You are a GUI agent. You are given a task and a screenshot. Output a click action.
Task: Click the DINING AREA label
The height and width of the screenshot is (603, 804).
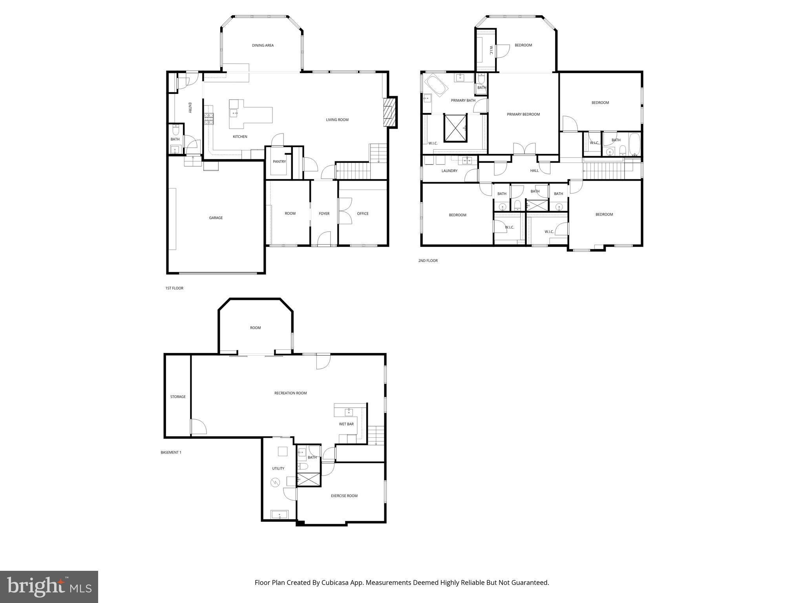(263, 46)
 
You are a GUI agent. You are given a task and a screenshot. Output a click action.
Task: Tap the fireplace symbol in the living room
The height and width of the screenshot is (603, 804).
(389, 112)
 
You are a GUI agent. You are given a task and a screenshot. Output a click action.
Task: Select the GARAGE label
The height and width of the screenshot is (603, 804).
(216, 218)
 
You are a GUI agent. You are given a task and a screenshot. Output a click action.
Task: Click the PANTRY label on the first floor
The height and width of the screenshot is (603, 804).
(279, 162)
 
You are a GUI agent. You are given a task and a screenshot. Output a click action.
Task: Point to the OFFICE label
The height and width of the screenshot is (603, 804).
(362, 214)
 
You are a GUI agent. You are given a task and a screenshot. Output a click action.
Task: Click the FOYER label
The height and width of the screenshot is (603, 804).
(324, 214)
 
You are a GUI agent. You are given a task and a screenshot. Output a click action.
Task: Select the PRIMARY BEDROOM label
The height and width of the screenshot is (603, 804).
(523, 115)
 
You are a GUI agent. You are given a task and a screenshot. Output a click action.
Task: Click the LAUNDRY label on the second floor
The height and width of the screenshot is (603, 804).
(449, 171)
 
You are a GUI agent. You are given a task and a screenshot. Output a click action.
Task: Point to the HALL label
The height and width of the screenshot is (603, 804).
(534, 171)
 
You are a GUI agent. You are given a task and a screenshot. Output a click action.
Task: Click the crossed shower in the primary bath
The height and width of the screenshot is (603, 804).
(455, 128)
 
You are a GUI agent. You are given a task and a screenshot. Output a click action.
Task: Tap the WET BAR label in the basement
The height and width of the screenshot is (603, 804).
(346, 424)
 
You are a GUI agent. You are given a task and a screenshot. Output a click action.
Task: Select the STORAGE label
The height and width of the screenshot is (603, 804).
(178, 397)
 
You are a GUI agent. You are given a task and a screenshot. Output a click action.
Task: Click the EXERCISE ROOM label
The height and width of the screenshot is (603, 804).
(344, 496)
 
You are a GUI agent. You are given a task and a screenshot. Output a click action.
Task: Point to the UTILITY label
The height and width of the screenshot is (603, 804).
(278, 468)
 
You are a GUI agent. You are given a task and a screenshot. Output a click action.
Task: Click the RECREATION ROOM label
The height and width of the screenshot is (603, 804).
(290, 393)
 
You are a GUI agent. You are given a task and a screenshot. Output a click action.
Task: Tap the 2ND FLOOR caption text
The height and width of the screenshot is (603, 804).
(428, 261)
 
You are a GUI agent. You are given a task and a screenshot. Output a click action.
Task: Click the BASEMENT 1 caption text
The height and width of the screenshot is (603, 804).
(171, 452)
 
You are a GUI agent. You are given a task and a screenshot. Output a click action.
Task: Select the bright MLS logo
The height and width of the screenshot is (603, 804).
(49, 587)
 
